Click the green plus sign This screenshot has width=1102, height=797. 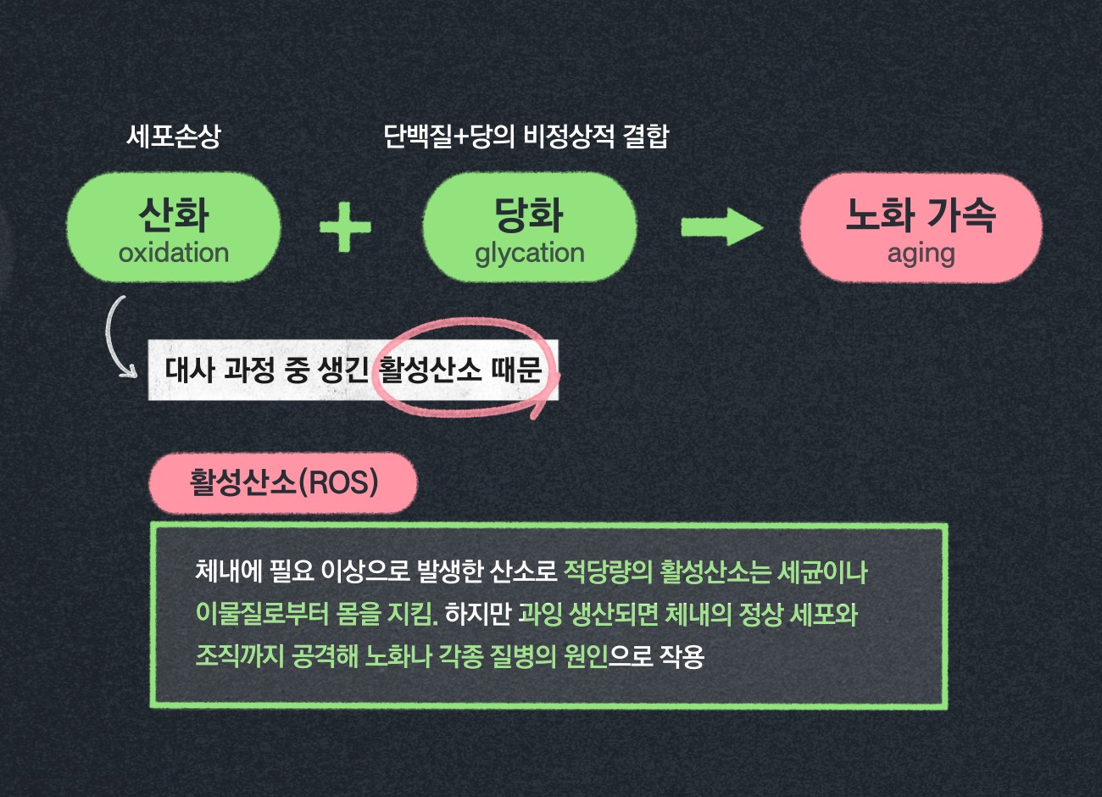pyautogui.click(x=345, y=226)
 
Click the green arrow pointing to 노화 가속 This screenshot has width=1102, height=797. pyautogui.click(x=721, y=226)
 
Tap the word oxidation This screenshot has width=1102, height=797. pyautogui.click(x=174, y=253)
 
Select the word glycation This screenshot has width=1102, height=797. pyautogui.click(x=530, y=253)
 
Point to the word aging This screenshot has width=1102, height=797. pyautogui.click(x=921, y=254)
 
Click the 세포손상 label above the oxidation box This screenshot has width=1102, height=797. pyautogui.click(x=174, y=136)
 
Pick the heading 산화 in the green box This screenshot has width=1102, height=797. pyautogui.click(x=174, y=214)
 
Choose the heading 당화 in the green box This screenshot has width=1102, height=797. pyautogui.click(x=530, y=214)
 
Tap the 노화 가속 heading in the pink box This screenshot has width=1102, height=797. pyautogui.click(x=921, y=214)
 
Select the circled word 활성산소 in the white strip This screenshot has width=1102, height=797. pyautogui.click(x=430, y=370)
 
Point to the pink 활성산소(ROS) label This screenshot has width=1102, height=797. pyautogui.click(x=283, y=482)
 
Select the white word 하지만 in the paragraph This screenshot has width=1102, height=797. pyautogui.click(x=478, y=613)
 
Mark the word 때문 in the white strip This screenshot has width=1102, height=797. pyautogui.click(x=517, y=370)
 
